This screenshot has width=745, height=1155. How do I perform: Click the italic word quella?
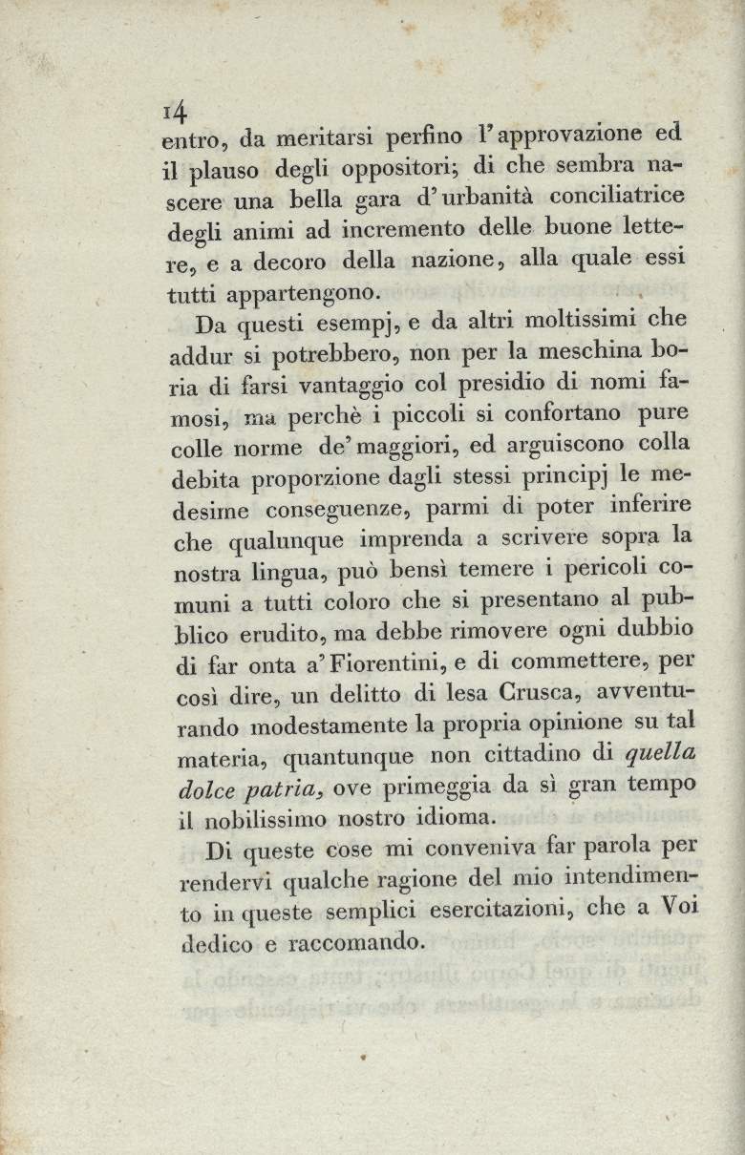click(x=659, y=753)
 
